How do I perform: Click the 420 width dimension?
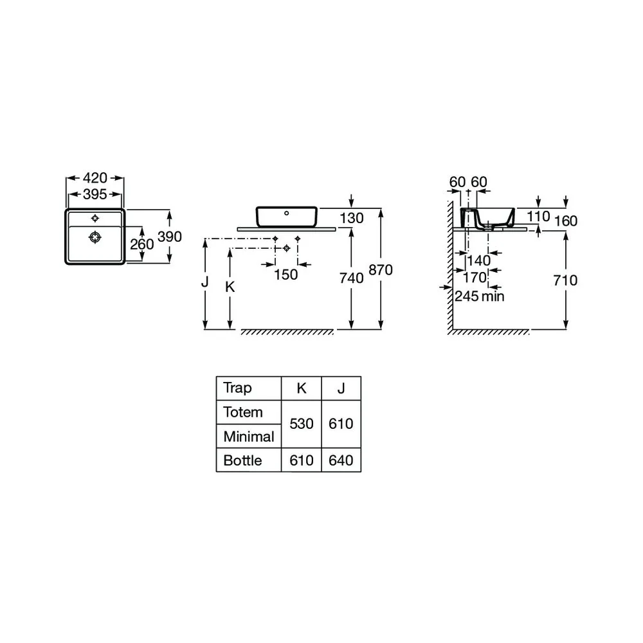point(95,178)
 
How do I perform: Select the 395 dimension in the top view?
point(95,194)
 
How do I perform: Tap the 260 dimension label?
point(142,244)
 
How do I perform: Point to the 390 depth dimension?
point(170,237)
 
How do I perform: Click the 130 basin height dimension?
point(352,218)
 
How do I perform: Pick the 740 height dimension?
point(352,278)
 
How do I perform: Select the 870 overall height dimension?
point(381,270)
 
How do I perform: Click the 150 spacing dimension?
point(286,275)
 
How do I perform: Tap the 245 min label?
point(480,296)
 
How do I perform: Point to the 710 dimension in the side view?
point(565,280)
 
